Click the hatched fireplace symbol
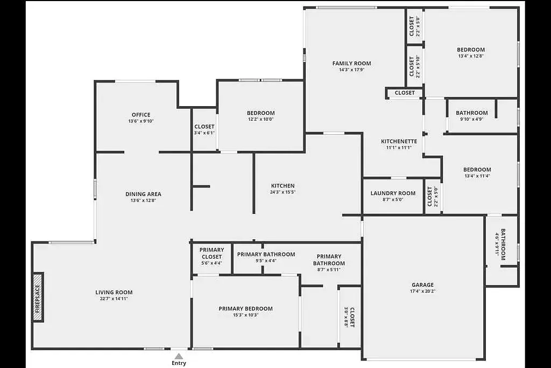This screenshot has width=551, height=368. coord(38,297)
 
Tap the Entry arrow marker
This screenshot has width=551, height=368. coord(179,356)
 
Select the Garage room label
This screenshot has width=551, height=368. coord(423,284)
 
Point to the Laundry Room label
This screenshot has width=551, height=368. coord(393,193)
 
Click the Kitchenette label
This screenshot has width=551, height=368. coord(399,141)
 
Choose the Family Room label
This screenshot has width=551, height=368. coord(352,64)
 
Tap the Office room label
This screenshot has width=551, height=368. coord(141,115)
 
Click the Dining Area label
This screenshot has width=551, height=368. coord(143,194)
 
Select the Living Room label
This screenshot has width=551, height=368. coord(114,292)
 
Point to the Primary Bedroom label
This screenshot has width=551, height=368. coord(245,309)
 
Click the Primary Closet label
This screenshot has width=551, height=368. coord(212,253)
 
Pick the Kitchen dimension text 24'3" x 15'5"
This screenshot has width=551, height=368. coord(283,192)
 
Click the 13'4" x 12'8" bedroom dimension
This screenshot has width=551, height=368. coord(471,56)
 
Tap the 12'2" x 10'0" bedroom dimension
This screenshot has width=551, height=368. coord(261,119)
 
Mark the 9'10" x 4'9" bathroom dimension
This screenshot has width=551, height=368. coord(471,119)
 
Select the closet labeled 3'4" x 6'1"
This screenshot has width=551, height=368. coord(204,129)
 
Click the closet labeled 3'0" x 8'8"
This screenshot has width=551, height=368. coord(349,317)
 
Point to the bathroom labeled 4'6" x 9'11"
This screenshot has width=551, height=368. coord(500,244)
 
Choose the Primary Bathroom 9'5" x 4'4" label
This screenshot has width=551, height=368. coord(266,257)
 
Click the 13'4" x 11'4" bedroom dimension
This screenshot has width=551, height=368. coord(477,176)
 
